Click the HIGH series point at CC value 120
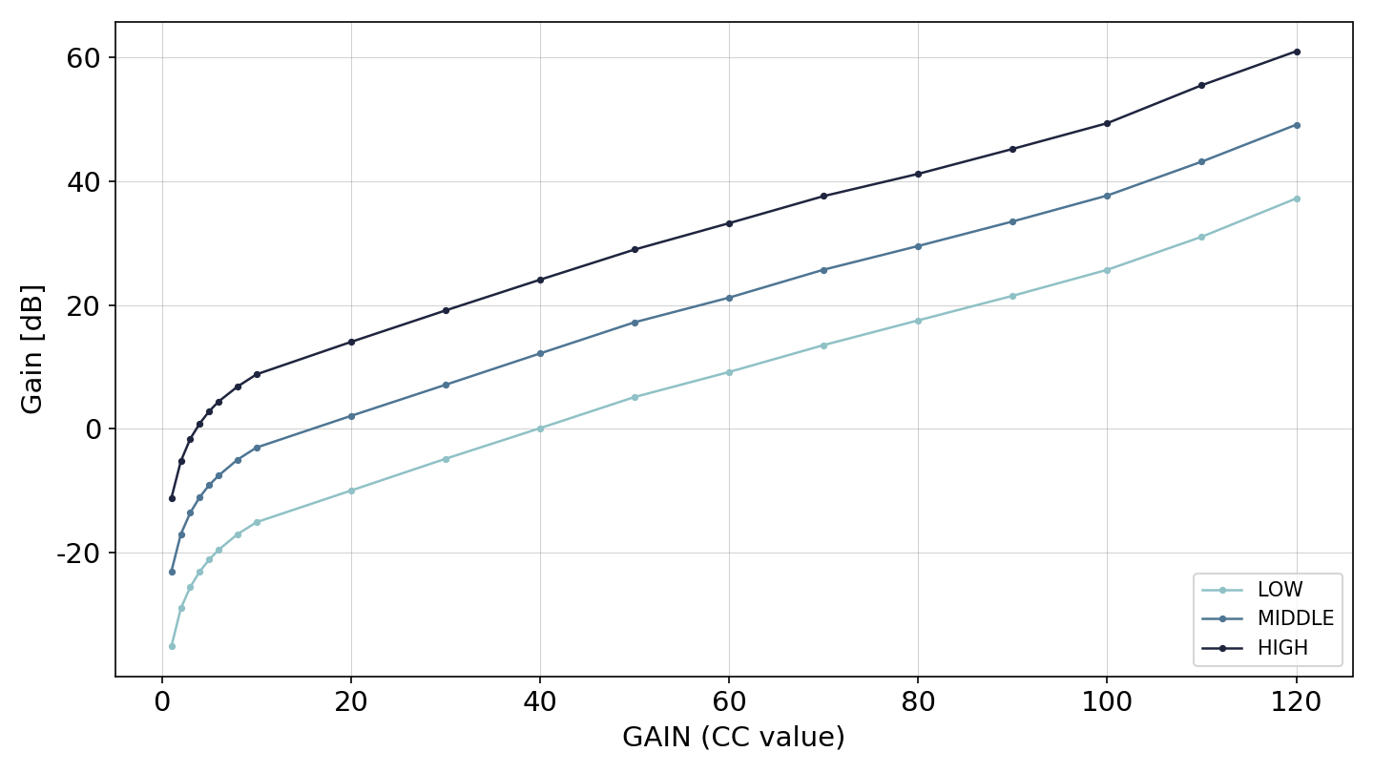pos(1296,52)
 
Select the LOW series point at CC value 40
pos(540,428)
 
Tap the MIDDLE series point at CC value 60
pos(729,298)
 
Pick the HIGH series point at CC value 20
pos(351,343)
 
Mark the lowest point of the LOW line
pos(173,647)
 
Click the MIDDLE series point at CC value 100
pos(1107,197)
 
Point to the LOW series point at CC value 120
pos(1296,199)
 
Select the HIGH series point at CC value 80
pos(918,175)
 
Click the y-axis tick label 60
pos(83,59)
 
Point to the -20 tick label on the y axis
pos(78,554)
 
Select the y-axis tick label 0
pos(93,429)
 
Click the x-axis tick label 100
pos(1107,701)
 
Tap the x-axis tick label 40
pos(540,701)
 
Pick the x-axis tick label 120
pos(1296,701)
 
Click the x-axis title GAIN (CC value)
pos(734,738)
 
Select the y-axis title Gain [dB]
pos(31,349)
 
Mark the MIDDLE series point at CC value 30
pos(446,386)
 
